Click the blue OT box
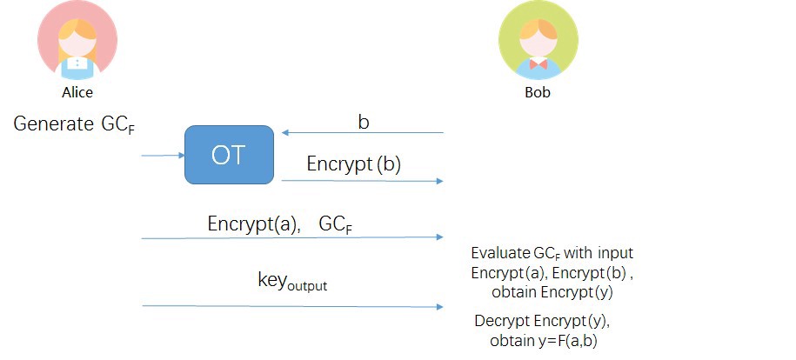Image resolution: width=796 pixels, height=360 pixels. tap(229, 155)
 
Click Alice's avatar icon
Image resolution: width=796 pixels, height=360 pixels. tap(77, 40)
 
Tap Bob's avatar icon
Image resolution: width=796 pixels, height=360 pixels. tap(538, 40)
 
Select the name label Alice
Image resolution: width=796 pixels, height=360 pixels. tap(77, 91)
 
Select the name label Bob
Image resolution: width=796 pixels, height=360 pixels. tap(538, 91)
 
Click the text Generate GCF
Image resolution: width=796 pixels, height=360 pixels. tap(74, 125)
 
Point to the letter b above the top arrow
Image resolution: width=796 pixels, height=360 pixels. tap(364, 122)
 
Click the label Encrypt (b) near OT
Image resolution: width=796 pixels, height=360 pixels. tap(353, 164)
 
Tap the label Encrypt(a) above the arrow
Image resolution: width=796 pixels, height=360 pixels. tap(254, 223)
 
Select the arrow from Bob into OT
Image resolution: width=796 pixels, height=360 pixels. tap(363, 133)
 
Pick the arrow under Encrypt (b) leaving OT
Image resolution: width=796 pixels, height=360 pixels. tap(363, 181)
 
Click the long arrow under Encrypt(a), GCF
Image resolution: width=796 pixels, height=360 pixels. tap(292, 237)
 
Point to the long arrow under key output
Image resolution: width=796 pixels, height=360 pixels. tap(292, 306)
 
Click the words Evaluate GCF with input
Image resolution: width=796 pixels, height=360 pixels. tap(552, 254)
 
